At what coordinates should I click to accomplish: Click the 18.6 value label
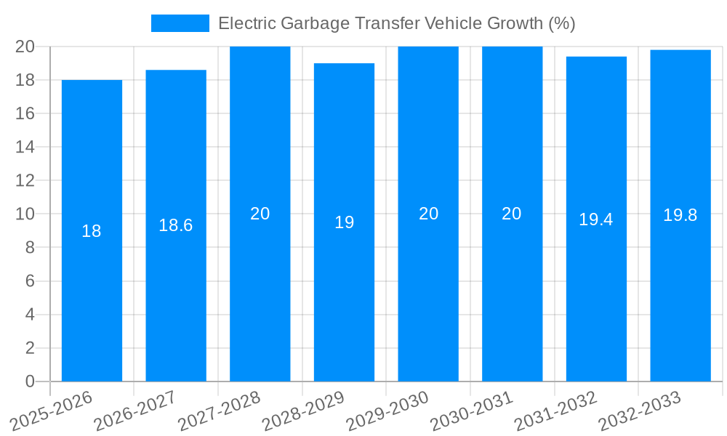(x=176, y=225)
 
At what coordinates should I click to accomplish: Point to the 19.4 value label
(x=596, y=219)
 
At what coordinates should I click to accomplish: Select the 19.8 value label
(x=680, y=215)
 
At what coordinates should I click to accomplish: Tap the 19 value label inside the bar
(x=344, y=222)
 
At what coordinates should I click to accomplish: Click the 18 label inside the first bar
(x=92, y=231)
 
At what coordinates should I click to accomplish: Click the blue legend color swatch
(x=180, y=23)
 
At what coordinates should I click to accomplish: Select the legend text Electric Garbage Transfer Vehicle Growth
(x=396, y=23)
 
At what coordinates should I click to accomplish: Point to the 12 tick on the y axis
(x=25, y=180)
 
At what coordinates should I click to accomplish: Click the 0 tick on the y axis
(x=30, y=381)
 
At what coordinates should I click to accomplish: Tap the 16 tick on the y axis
(x=25, y=113)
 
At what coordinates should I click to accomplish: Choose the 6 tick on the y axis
(x=30, y=281)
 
